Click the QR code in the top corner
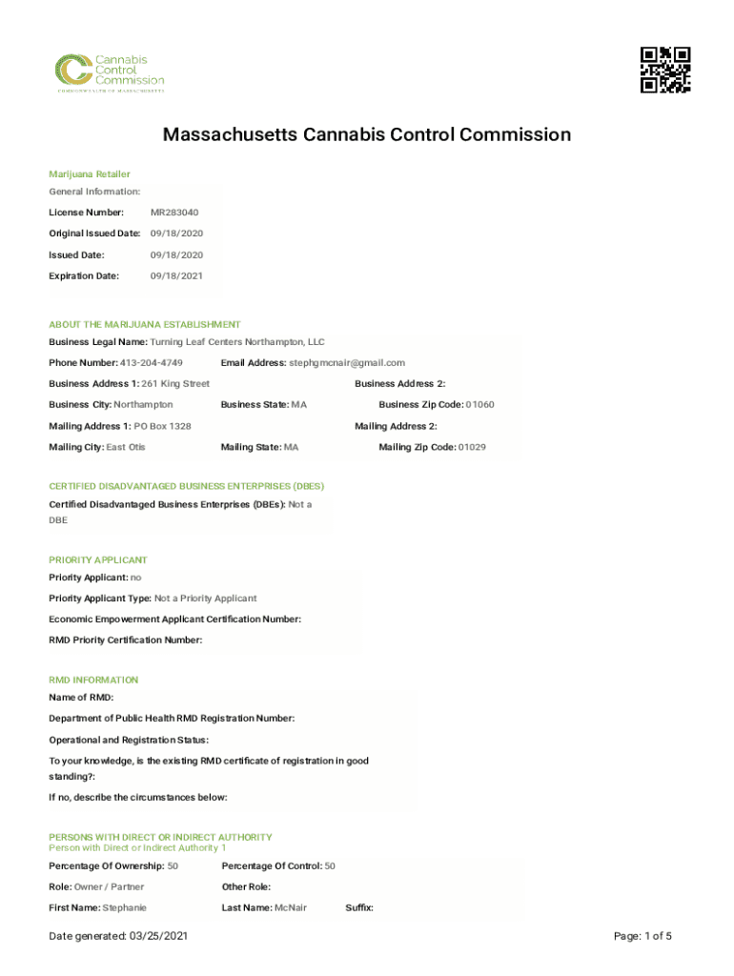(664, 70)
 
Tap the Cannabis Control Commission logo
(108, 72)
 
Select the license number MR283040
(174, 213)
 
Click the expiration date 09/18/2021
(176, 276)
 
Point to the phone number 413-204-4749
(151, 363)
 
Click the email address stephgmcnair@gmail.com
(347, 363)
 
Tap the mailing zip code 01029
(472, 447)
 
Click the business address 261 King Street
(175, 384)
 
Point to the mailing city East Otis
(126, 447)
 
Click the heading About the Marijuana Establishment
(145, 325)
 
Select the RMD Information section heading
(93, 681)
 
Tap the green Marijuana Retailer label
(90, 174)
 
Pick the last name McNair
(290, 908)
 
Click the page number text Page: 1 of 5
(643, 937)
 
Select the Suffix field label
(358, 908)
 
